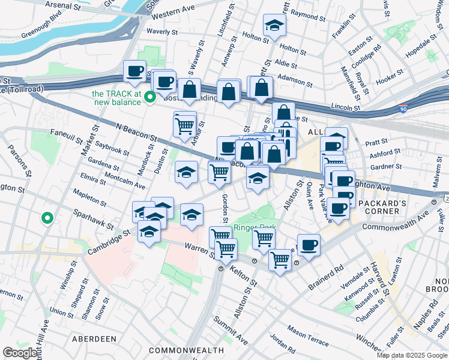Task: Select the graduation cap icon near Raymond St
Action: (x=274, y=25)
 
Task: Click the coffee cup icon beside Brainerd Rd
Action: (x=309, y=245)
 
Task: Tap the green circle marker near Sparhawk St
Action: (x=46, y=218)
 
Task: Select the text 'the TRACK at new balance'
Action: (x=116, y=98)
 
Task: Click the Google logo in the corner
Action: (x=20, y=353)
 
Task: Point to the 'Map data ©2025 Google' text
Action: (x=412, y=355)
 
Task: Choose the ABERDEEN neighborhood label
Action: (x=94, y=339)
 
